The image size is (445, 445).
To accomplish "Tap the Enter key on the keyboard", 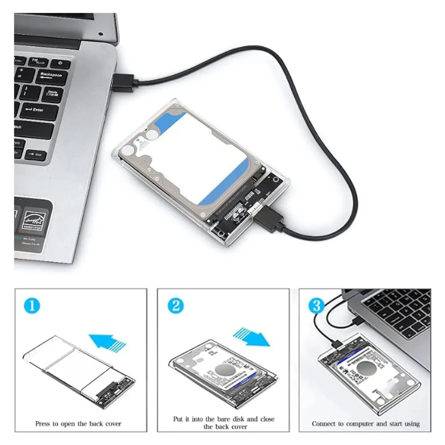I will (x=39, y=110).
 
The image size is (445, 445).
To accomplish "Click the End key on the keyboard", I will (x=36, y=154).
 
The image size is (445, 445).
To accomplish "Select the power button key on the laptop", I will (x=60, y=63).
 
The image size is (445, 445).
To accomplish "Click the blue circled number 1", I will (x=32, y=306).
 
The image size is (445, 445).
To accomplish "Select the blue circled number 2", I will (x=175, y=306).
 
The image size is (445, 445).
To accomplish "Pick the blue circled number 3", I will (x=316, y=306).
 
